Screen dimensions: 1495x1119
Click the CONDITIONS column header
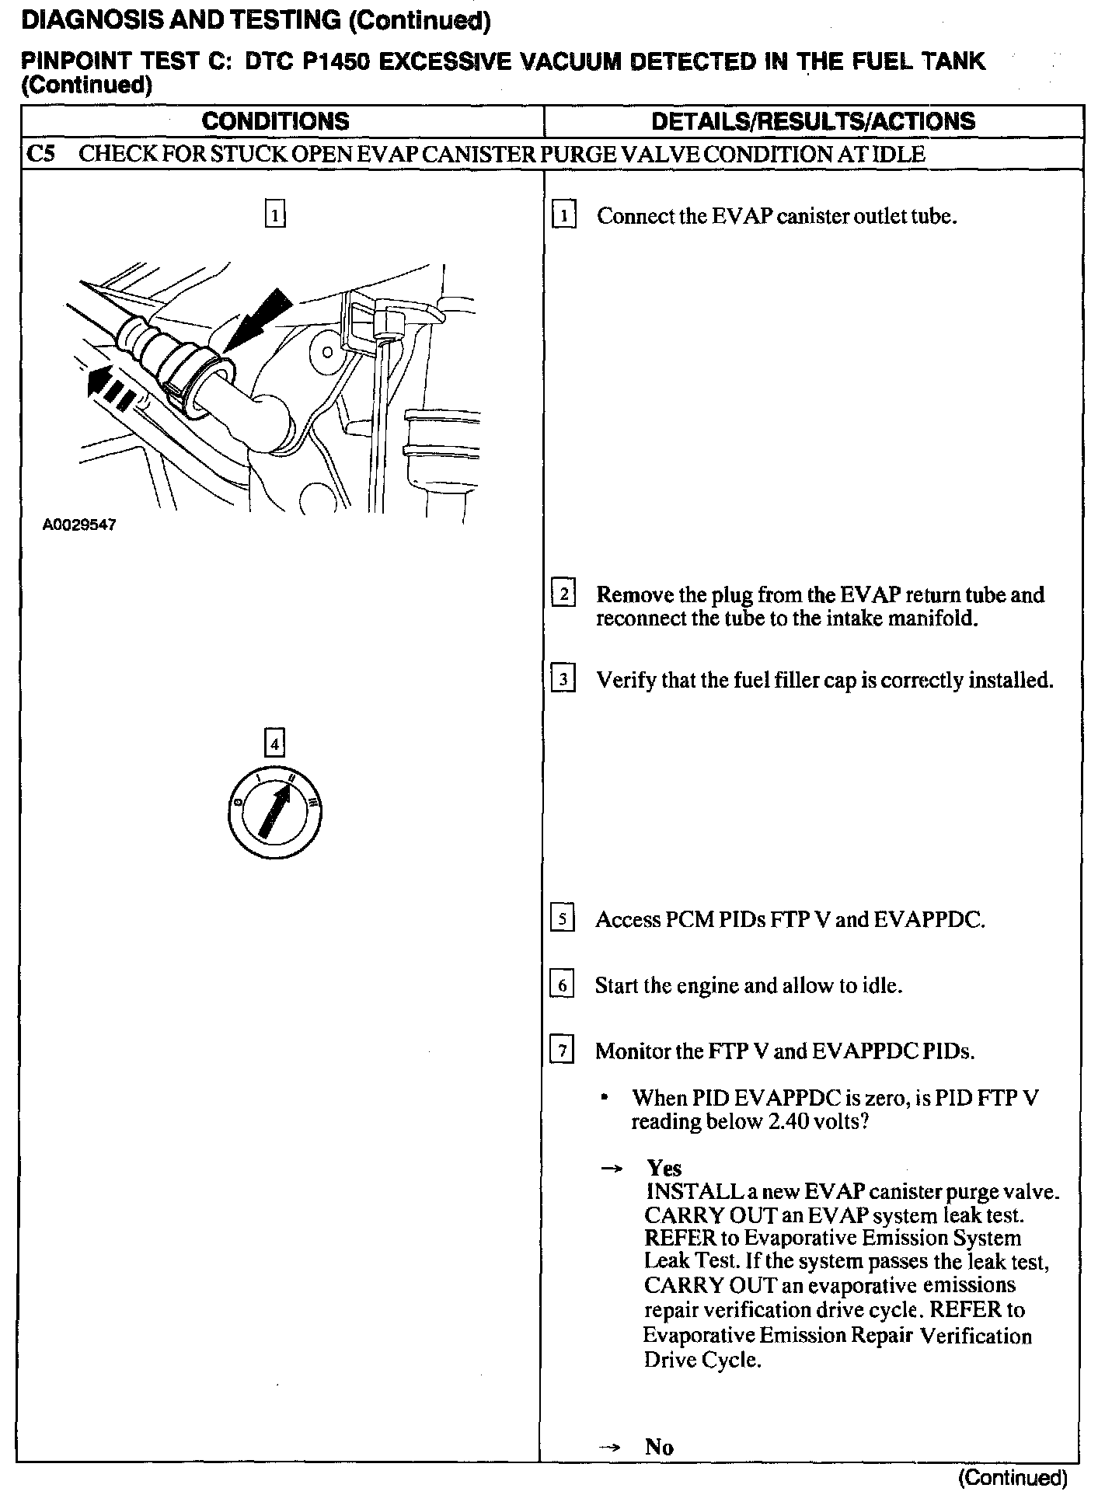[x=275, y=121]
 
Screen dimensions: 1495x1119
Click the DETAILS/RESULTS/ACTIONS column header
[x=813, y=121]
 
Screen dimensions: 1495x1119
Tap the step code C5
[x=40, y=154]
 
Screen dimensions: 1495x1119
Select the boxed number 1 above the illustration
[x=275, y=214]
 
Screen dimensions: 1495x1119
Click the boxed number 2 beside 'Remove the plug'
[x=563, y=594]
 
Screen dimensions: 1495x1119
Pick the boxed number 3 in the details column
[x=563, y=680]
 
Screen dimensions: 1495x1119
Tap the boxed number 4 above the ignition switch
[x=274, y=744]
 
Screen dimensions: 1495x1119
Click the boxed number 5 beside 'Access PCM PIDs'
[x=562, y=919]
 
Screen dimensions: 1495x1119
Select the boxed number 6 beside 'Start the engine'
[x=562, y=985]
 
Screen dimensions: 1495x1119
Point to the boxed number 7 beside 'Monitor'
[x=562, y=1051]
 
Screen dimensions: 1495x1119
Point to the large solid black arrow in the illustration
[x=260, y=321]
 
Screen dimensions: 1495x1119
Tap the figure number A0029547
[x=79, y=525]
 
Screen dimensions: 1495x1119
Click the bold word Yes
[x=664, y=1168]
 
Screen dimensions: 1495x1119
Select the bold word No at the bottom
[x=659, y=1447]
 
